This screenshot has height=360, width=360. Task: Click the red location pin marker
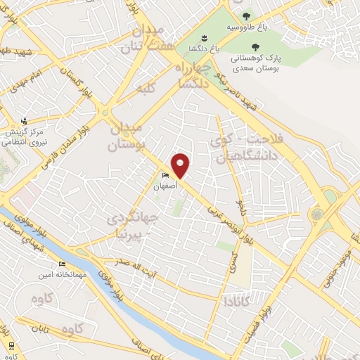[181, 165]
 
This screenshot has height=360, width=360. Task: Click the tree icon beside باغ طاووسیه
[245, 16]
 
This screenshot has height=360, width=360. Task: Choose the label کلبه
[146, 89]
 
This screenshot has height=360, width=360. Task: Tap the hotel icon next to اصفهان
[166, 175]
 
